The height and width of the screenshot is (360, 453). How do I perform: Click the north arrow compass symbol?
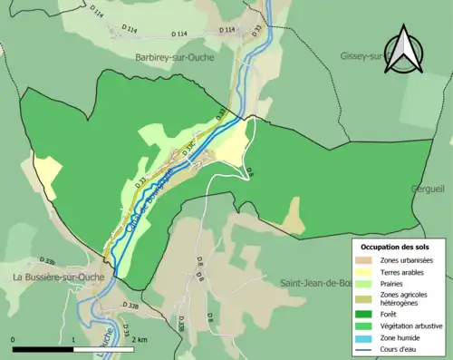click(x=406, y=50)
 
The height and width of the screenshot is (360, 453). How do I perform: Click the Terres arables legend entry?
click(x=406, y=272)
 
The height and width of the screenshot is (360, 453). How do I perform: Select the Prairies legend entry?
click(x=398, y=284)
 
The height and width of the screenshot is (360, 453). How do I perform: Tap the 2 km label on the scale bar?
click(x=139, y=339)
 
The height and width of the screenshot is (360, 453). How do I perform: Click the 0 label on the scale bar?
click(x=14, y=339)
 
